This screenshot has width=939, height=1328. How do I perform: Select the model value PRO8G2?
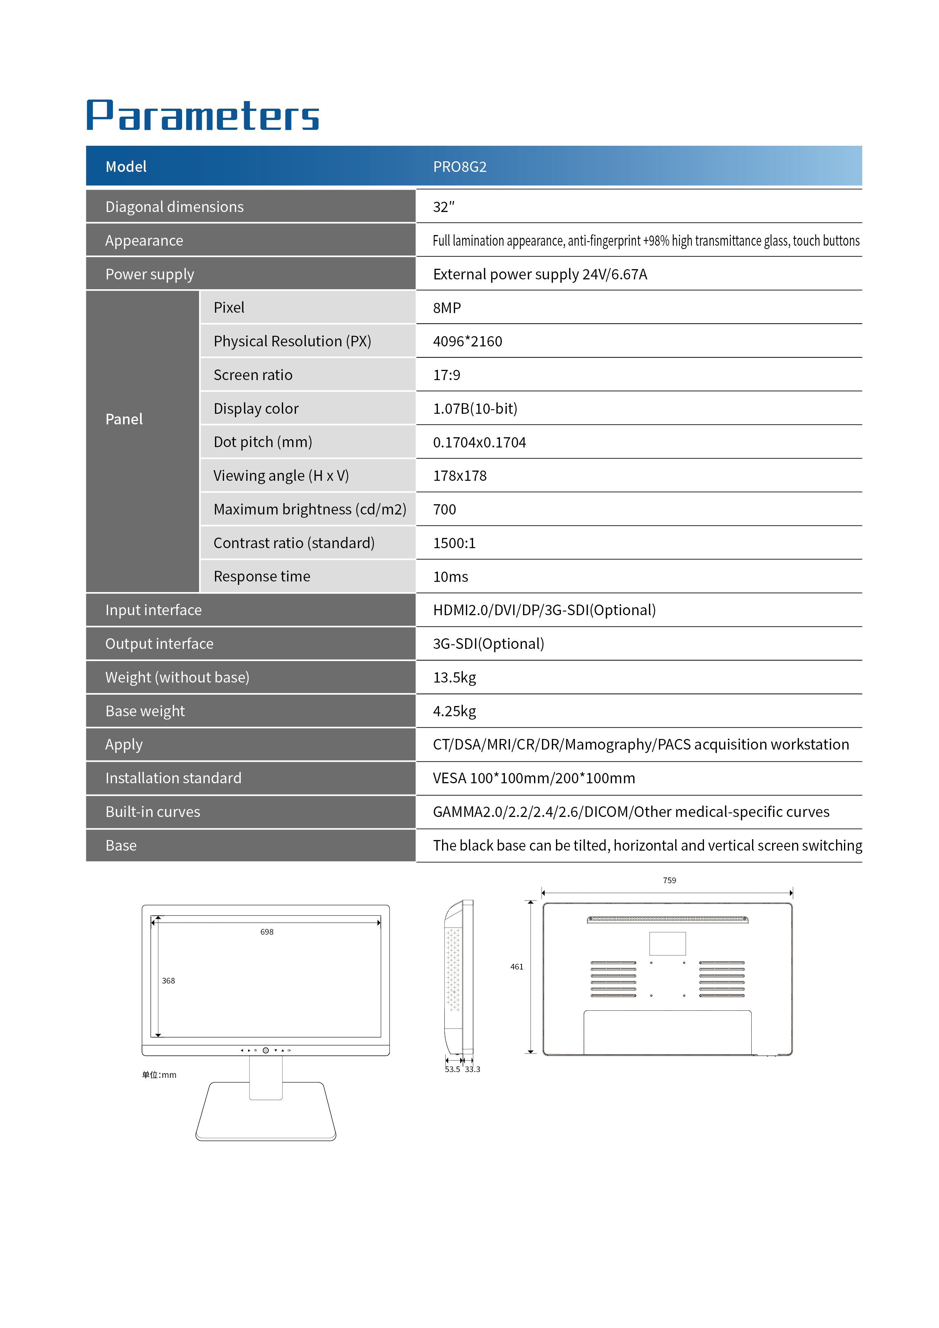460,167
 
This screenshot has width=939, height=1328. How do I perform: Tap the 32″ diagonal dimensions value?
444,207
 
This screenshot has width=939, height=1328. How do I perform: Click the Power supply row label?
150,274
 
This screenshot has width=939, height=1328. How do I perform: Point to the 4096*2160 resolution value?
467,341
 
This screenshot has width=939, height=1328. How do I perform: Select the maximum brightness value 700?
444,510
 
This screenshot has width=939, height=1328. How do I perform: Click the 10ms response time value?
450,577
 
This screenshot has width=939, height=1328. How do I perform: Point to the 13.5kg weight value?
455,677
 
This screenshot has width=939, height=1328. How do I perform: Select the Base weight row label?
145,711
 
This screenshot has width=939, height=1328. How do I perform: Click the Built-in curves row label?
153,812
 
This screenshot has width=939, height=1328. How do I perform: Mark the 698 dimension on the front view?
266,932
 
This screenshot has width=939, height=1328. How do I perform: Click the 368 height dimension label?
168,980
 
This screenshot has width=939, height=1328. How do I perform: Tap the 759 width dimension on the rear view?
669,880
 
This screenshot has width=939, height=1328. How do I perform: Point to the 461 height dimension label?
516,966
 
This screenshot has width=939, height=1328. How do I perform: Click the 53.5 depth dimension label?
452,1069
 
